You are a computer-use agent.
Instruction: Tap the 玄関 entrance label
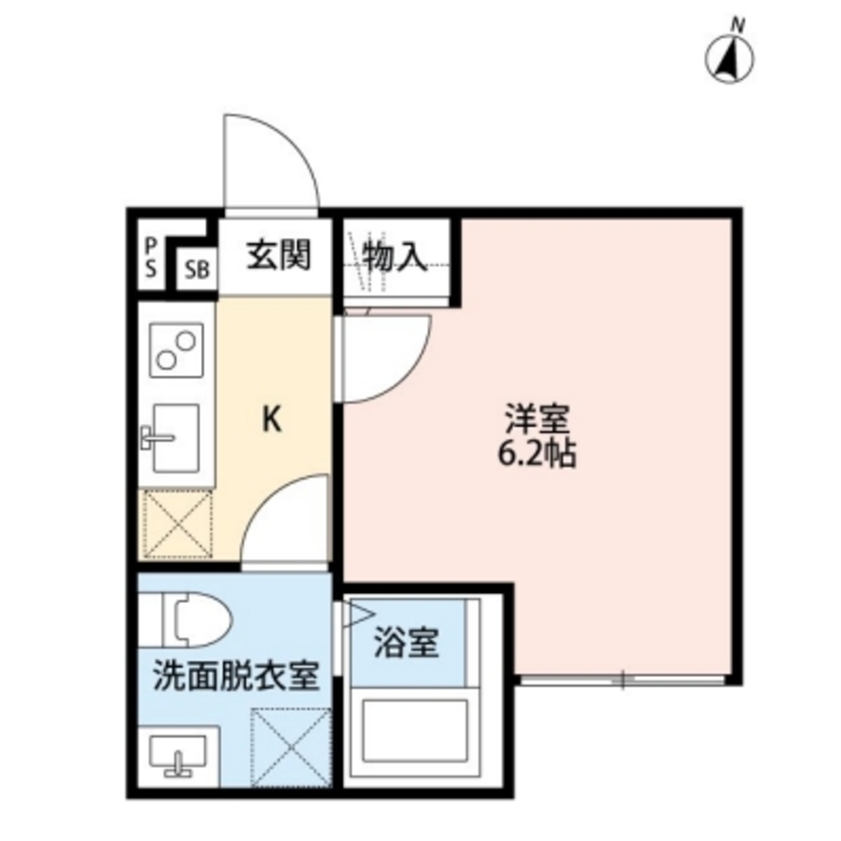[278, 255]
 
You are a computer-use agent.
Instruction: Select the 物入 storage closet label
[394, 256]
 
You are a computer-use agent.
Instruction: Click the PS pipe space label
[151, 257]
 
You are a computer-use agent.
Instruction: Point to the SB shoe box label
[197, 271]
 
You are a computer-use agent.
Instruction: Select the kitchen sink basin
[176, 436]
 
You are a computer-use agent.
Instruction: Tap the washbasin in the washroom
[177, 754]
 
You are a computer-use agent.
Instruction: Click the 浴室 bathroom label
[407, 644]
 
